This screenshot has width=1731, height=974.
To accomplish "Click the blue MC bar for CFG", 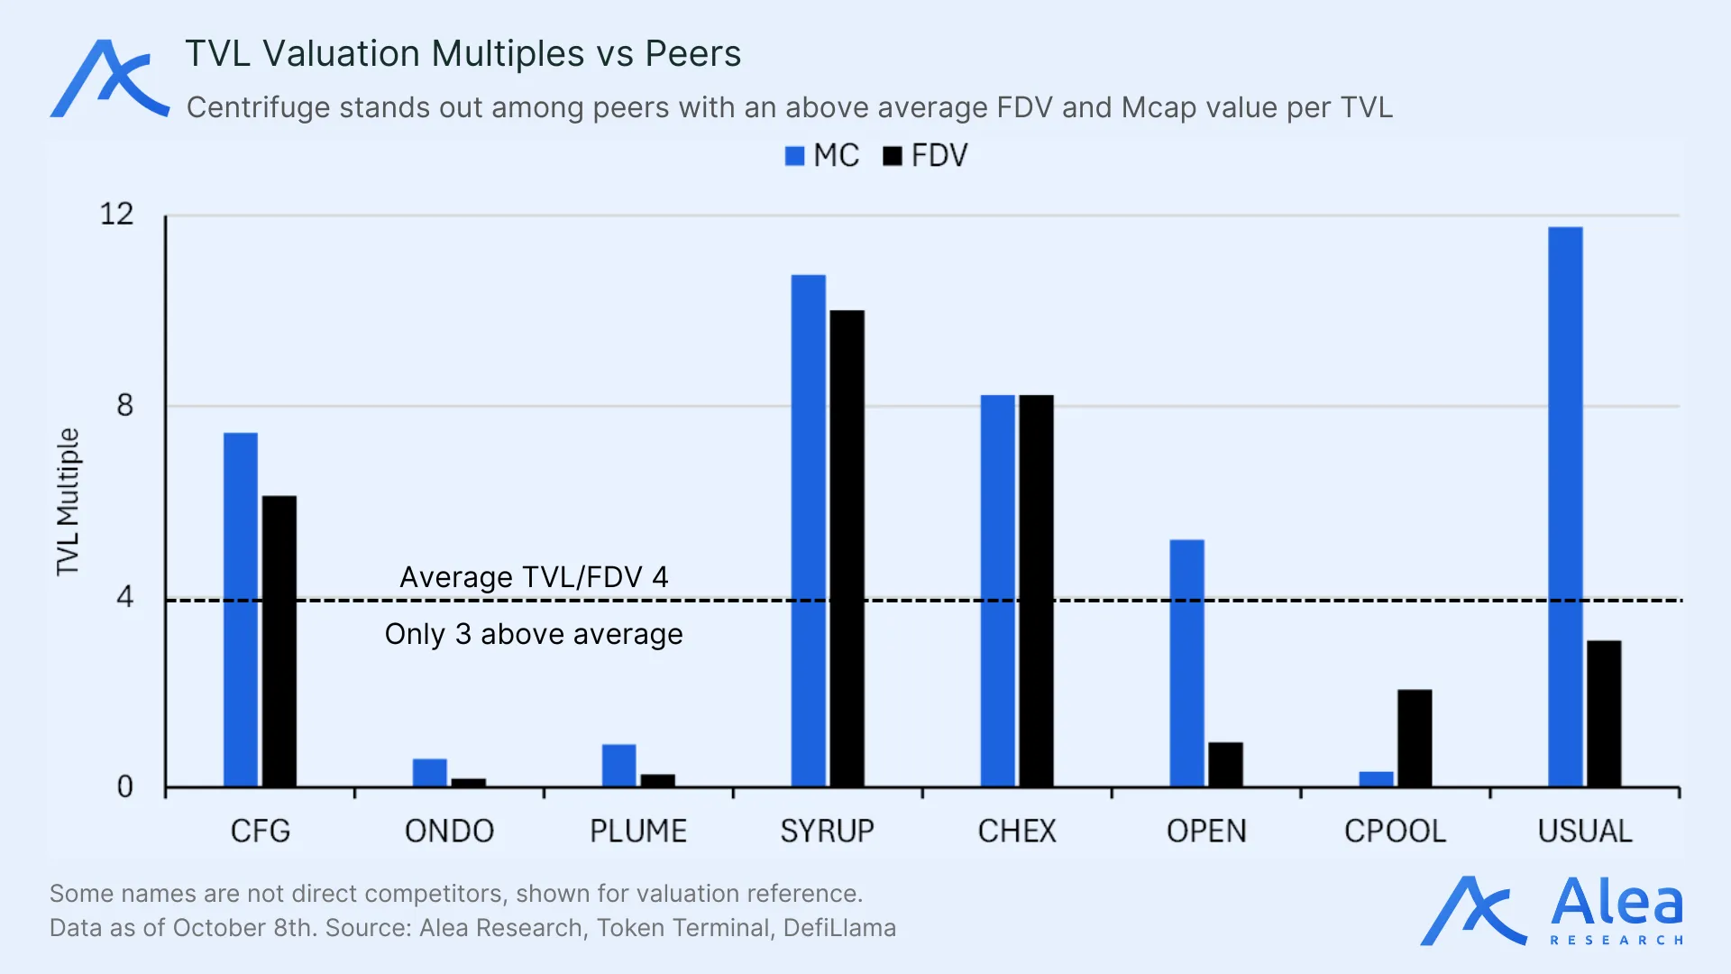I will tap(241, 610).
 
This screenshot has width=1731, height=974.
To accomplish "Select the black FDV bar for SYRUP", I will tap(847, 548).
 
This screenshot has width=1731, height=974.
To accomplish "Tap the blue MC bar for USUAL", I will tap(1565, 507).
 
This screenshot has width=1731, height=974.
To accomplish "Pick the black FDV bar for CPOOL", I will tap(1415, 738).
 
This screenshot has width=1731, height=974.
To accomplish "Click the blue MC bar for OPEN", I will tap(1186, 663).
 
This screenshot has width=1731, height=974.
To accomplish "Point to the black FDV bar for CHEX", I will tap(1036, 591).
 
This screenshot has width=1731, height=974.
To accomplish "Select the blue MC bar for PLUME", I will tap(619, 766).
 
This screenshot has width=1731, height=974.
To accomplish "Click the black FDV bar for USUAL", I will tap(1604, 713).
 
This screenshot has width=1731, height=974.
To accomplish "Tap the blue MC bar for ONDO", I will tap(430, 773).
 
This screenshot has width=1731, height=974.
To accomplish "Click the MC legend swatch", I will tap(794, 156).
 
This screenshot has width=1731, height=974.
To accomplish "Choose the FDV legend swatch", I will tap(893, 156).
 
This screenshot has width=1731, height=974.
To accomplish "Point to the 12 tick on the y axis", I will tap(116, 215).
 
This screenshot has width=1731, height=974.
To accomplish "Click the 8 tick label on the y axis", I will tap(124, 406).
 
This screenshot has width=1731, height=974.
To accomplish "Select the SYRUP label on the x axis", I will tap(827, 831).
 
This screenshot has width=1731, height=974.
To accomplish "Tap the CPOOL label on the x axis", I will tap(1395, 831).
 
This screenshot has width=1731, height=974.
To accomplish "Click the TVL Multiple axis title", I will tap(69, 501).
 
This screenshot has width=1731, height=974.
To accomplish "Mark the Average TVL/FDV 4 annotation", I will tap(534, 577).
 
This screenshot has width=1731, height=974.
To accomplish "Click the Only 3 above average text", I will tap(534, 634).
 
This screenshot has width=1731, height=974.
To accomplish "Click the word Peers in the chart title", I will tap(692, 54).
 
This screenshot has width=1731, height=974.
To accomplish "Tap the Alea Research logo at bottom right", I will tap(1552, 911).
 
